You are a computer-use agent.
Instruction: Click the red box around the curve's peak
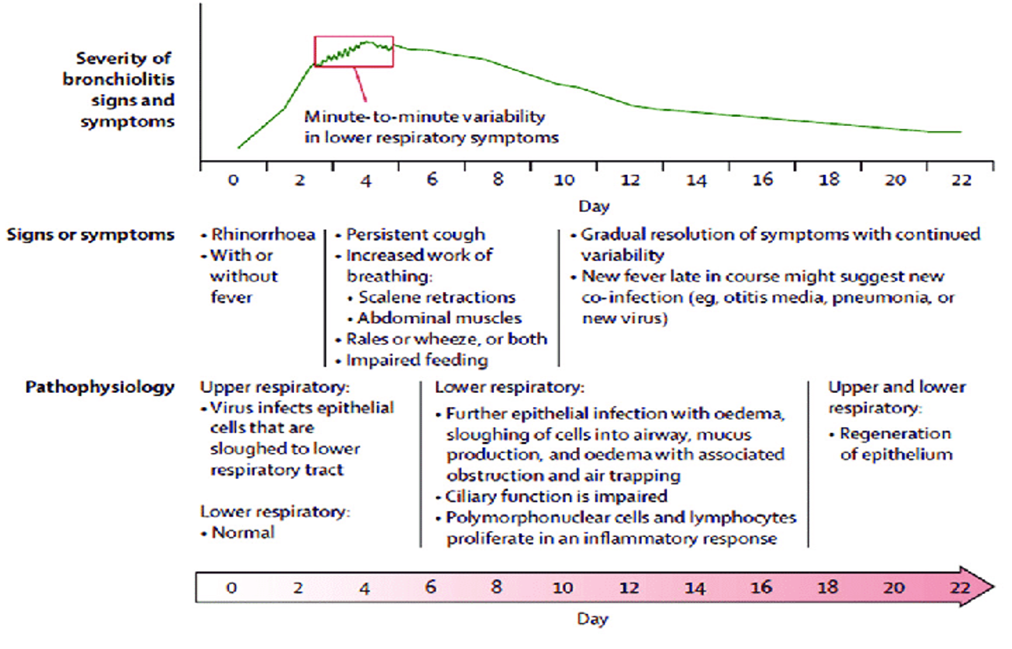pyautogui.click(x=354, y=52)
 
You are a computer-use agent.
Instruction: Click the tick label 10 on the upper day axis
pyautogui.click(x=563, y=181)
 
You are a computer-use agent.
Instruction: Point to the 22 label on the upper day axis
pyautogui.click(x=961, y=181)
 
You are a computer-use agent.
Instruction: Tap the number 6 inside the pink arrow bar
pyautogui.click(x=431, y=587)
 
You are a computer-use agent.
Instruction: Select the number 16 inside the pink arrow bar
pyautogui.click(x=761, y=587)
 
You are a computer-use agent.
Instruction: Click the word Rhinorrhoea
pyautogui.click(x=263, y=234)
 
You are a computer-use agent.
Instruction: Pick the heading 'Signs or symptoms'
pyautogui.click(x=91, y=235)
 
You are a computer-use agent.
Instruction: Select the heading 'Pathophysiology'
pyautogui.click(x=100, y=387)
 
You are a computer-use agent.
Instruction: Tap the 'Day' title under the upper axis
pyautogui.click(x=593, y=206)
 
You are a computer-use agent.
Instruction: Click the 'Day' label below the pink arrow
pyautogui.click(x=592, y=618)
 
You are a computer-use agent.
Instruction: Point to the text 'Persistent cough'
pyautogui.click(x=415, y=234)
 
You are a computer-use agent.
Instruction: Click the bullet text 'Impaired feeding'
pyautogui.click(x=417, y=360)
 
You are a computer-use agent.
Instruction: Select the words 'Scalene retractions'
pyautogui.click(x=436, y=297)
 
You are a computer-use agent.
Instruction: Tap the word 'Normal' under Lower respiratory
pyautogui.click(x=242, y=532)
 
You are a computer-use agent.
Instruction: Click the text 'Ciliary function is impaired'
pyautogui.click(x=556, y=496)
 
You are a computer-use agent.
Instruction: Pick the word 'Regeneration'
pyautogui.click(x=895, y=434)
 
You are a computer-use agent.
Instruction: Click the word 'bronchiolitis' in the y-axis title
pyautogui.click(x=119, y=79)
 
